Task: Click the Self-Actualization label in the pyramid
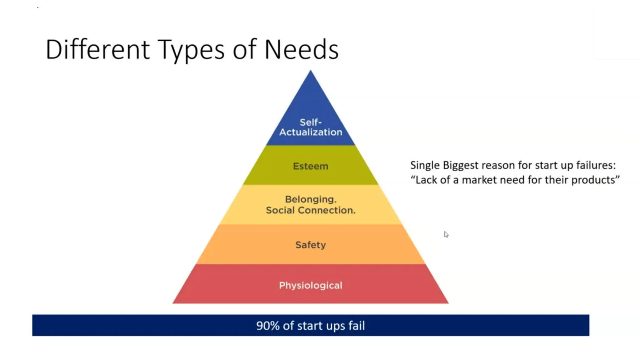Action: [311, 127]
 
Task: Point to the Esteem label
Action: [311, 166]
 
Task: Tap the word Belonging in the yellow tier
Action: [310, 199]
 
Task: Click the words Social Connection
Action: [311, 210]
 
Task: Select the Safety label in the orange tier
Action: [311, 245]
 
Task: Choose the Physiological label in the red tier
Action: [311, 285]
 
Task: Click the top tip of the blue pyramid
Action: [310, 72]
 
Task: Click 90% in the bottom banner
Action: [268, 326]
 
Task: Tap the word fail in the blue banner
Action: [357, 326]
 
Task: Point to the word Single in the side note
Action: [425, 165]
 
